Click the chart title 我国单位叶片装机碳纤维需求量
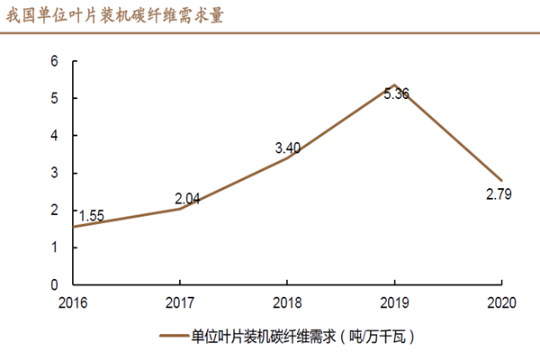tap(114, 16)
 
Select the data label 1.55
tap(91, 216)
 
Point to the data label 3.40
tap(288, 148)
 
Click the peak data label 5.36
tap(396, 93)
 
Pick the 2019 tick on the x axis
tap(394, 301)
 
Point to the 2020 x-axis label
tap(501, 301)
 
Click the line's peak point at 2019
tap(394, 85)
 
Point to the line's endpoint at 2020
tap(501, 180)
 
